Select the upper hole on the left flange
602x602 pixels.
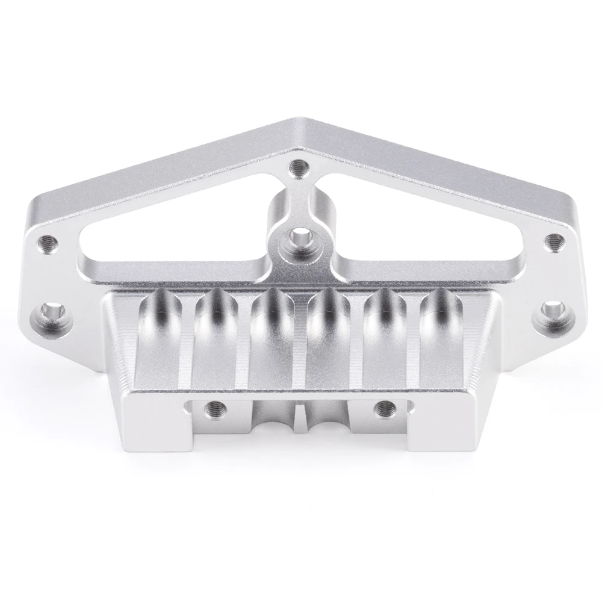click(49, 243)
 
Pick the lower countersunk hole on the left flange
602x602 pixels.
click(51, 312)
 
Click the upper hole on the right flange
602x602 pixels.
click(553, 242)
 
